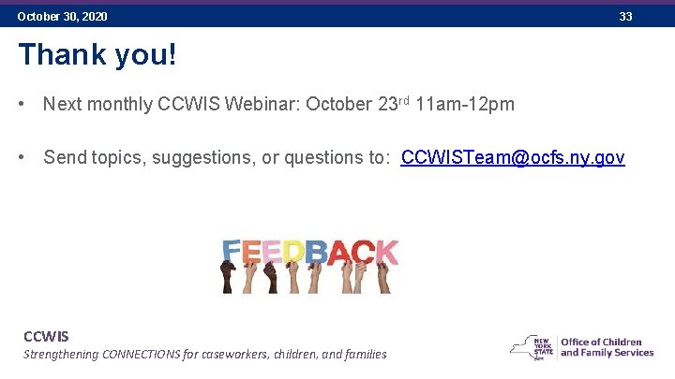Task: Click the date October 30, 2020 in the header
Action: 62,17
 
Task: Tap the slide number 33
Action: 625,17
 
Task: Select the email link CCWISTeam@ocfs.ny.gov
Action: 512,157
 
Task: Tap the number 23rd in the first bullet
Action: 393,103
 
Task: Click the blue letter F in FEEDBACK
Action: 232,251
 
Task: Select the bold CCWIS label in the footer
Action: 46,336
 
